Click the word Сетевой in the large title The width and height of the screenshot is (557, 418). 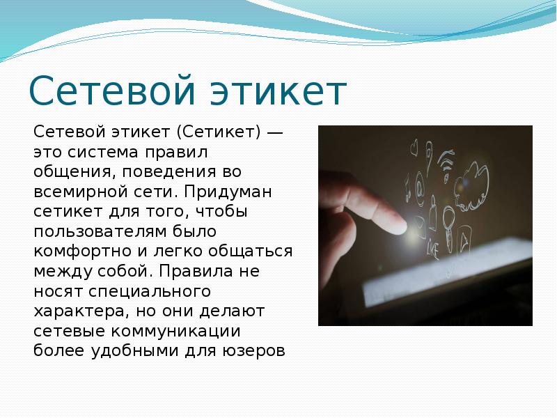pos(112,91)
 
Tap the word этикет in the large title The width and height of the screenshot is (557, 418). pos(278,91)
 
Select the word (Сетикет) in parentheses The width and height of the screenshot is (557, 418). pos(219,132)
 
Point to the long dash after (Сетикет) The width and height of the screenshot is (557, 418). pos(274,133)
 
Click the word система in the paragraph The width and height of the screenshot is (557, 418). pos(102,153)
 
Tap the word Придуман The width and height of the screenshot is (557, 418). pos(228,192)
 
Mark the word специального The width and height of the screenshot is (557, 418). pos(150,292)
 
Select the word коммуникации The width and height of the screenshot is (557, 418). pos(176,332)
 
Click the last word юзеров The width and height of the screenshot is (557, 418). pos(253,352)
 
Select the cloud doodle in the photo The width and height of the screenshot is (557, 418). pos(472,186)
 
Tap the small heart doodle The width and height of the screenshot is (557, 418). pos(414,148)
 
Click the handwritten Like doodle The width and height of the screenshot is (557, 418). pos(433,247)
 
